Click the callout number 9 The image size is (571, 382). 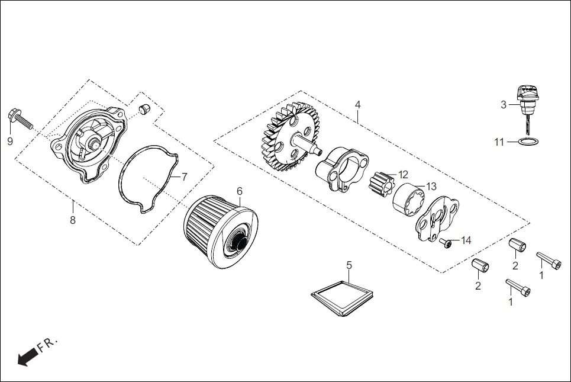pos(9,141)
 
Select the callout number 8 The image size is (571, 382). pos(73,220)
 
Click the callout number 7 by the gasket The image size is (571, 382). pos(184,176)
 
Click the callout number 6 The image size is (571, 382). pos(240,191)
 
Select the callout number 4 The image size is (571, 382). pos(357,104)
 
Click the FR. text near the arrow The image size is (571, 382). pos(47,344)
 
